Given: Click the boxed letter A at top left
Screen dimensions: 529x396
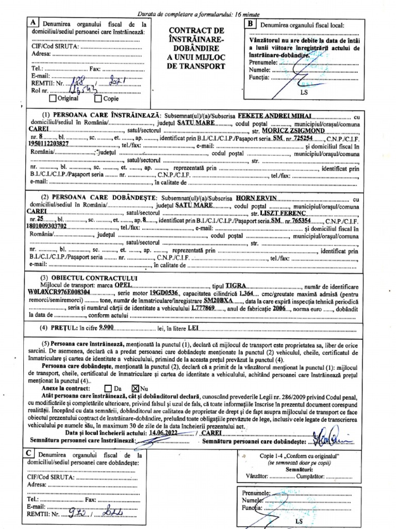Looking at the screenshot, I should [33, 23].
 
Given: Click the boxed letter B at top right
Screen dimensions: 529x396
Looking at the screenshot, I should [250, 24].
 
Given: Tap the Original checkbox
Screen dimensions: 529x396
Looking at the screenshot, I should [52, 98].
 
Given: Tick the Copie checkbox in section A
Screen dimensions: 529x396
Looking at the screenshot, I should [98, 98].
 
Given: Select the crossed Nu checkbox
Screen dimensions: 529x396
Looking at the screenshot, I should [136, 387].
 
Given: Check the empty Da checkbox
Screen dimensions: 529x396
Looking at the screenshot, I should [107, 387].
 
